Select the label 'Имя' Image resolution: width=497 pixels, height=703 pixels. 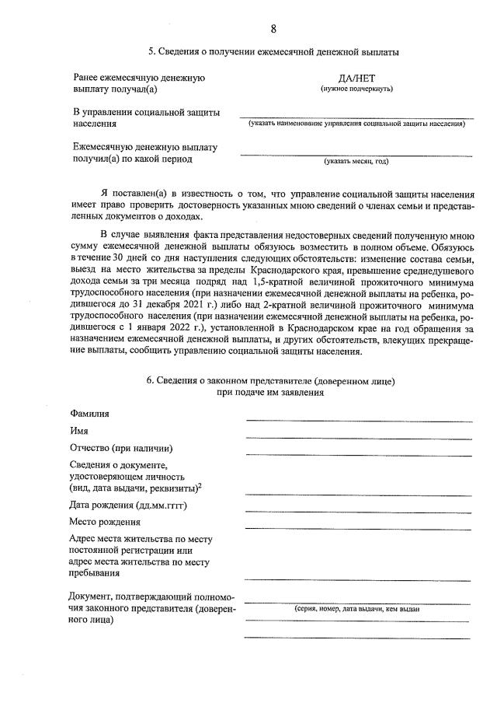pos(78,431)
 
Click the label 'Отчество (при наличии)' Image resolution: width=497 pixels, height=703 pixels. pos(121,449)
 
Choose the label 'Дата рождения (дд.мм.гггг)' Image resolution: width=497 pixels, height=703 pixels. pos(129,505)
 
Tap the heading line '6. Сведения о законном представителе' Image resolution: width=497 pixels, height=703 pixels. pos(270,381)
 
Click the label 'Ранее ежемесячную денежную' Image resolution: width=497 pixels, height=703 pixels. pos(138,79)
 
